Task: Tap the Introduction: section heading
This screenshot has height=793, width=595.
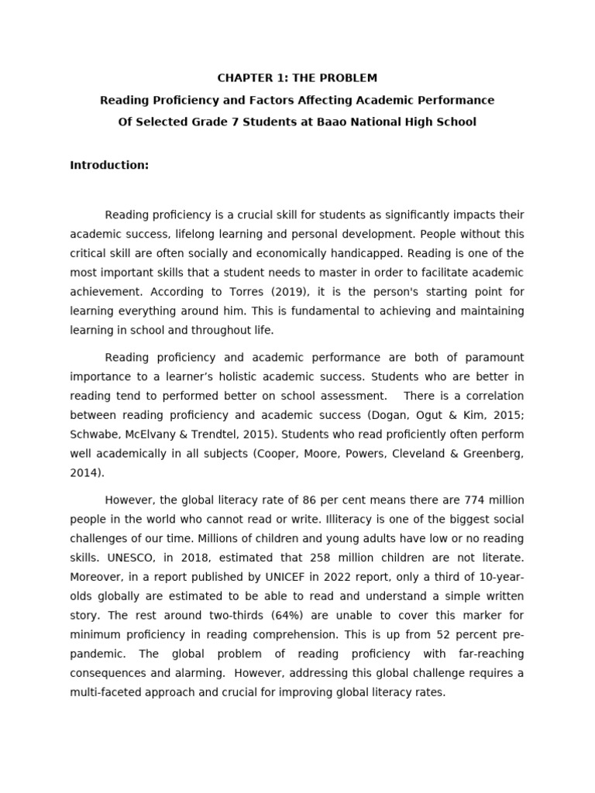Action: pyautogui.click(x=109, y=165)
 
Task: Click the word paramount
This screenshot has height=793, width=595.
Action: pyautogui.click(x=494, y=357)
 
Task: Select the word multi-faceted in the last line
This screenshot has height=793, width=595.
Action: pyautogui.click(x=105, y=692)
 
